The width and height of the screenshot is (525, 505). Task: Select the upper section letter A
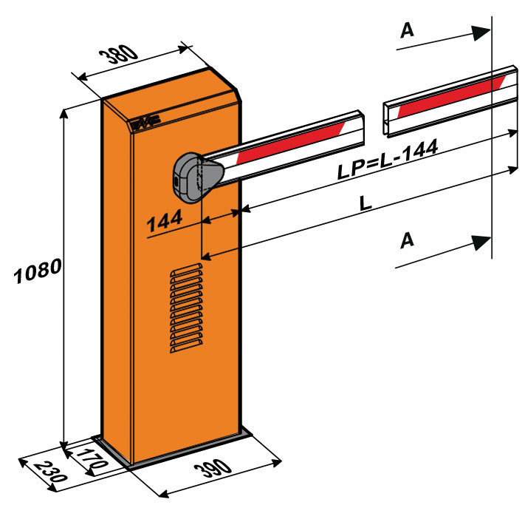coord(406,30)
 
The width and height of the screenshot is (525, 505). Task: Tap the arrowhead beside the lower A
coord(481,243)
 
